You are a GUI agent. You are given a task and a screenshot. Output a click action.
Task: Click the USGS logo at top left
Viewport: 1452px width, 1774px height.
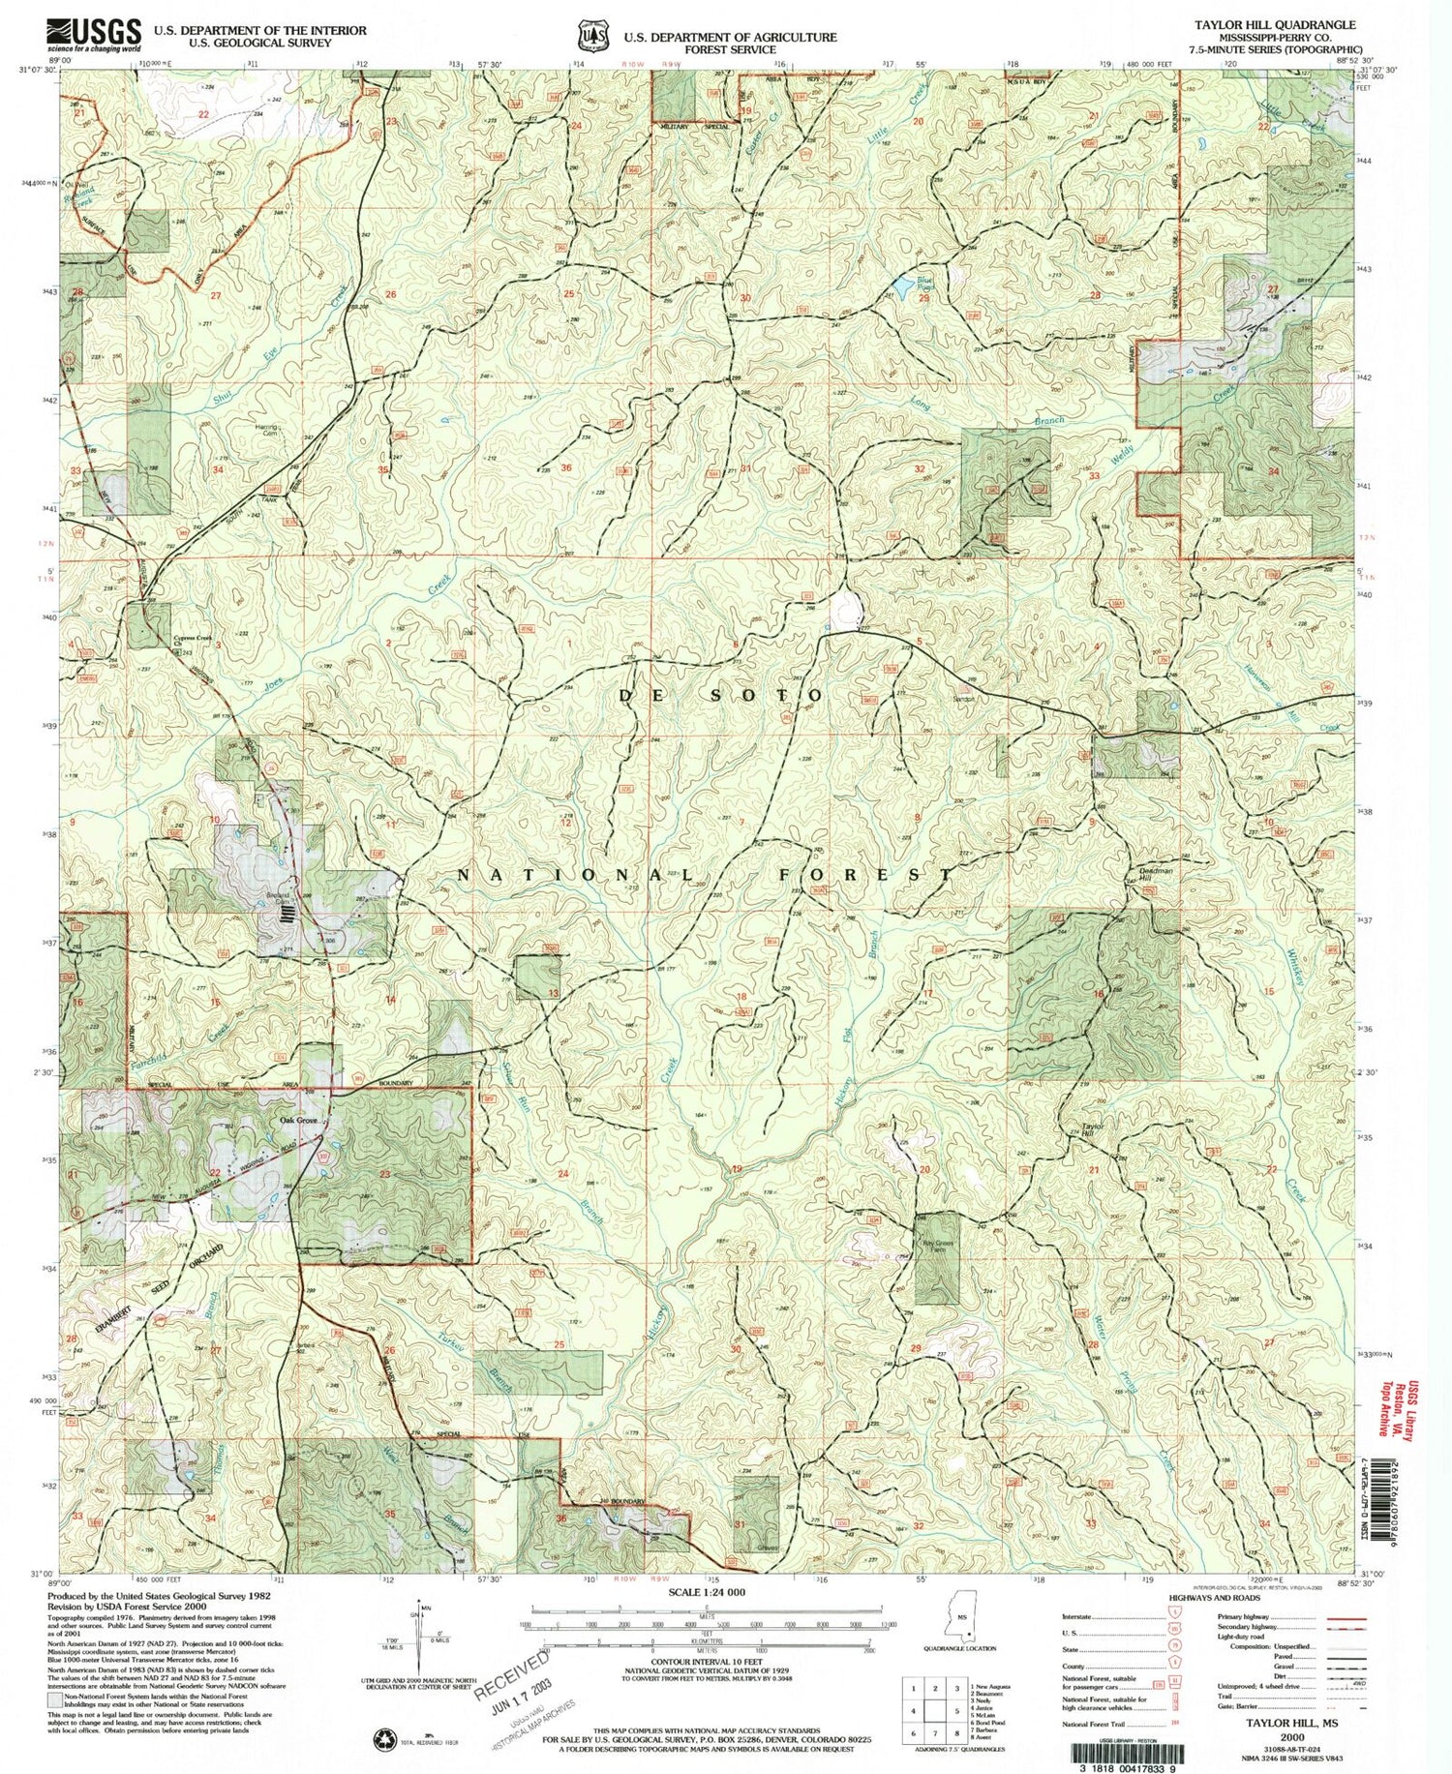click(93, 35)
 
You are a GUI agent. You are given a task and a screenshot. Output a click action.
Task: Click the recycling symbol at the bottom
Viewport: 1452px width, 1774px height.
click(379, 1740)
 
